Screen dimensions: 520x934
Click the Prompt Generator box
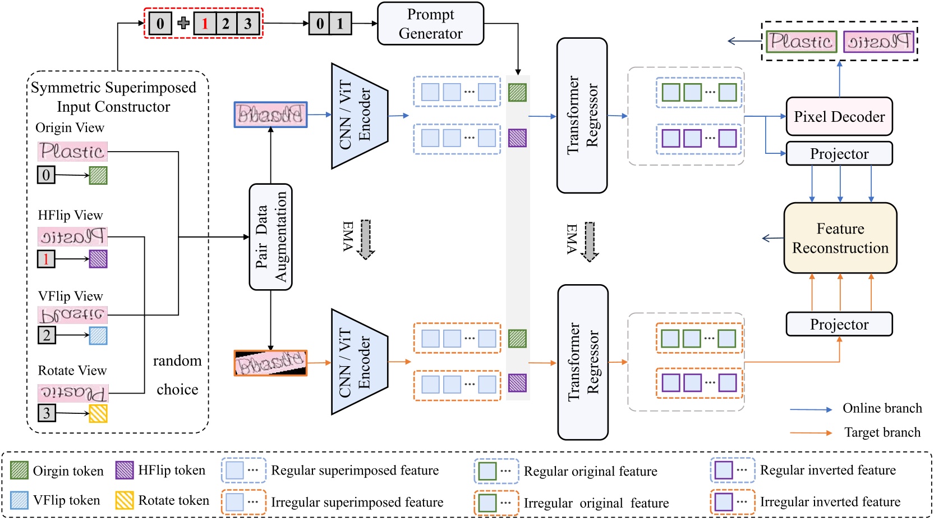point(430,24)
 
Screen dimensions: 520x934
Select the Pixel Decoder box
point(839,117)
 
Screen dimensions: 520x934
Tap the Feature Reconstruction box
point(840,238)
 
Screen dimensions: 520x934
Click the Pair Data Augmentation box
point(270,237)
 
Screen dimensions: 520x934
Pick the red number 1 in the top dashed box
point(205,24)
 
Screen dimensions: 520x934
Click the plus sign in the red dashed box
point(183,23)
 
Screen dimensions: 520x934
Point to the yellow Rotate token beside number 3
point(98,413)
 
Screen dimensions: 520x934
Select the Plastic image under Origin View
point(72,151)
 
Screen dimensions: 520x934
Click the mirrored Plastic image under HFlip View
point(72,236)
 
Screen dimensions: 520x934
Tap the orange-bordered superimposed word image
point(270,363)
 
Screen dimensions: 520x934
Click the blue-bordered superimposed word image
point(270,115)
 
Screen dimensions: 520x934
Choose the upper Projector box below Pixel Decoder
point(839,154)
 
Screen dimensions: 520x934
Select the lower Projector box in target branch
point(839,325)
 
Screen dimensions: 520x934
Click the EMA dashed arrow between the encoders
point(365,239)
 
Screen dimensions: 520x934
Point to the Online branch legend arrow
point(811,409)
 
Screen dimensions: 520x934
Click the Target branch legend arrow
point(811,432)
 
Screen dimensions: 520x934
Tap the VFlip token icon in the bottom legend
point(19,500)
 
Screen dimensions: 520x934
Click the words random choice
point(177,375)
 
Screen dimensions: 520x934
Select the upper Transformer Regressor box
point(582,116)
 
